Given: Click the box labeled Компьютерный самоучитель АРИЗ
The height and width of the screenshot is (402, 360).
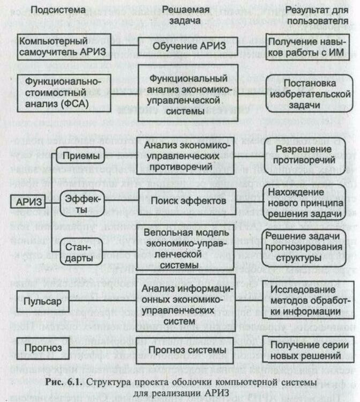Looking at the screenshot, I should click(x=60, y=46).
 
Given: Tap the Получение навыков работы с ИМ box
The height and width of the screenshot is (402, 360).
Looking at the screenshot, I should click(x=309, y=46).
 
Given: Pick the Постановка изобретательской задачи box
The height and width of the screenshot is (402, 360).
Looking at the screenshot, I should click(x=309, y=93).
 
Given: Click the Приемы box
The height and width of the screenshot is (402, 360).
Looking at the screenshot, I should click(x=80, y=157).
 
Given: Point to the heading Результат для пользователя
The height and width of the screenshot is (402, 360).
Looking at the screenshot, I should click(x=310, y=16).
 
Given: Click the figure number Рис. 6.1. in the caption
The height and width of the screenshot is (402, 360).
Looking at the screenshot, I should click(x=64, y=382).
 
